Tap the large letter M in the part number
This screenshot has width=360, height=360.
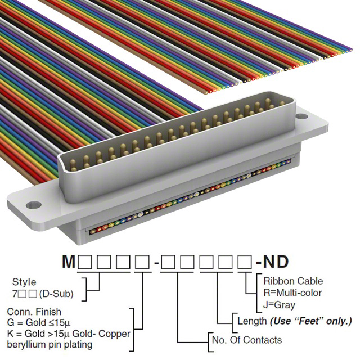[x=67, y=262]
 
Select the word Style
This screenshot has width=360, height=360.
[x=24, y=282]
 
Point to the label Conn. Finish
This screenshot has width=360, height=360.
[x=34, y=312]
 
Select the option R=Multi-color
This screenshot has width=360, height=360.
[x=292, y=292]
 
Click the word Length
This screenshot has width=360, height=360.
[x=251, y=321]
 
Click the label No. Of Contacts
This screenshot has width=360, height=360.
[x=246, y=340]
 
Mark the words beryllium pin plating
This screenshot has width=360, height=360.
[x=54, y=345]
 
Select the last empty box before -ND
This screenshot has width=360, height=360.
[x=245, y=262]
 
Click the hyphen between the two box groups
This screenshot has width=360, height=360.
[x=156, y=263]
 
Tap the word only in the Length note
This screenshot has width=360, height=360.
[x=339, y=321]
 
